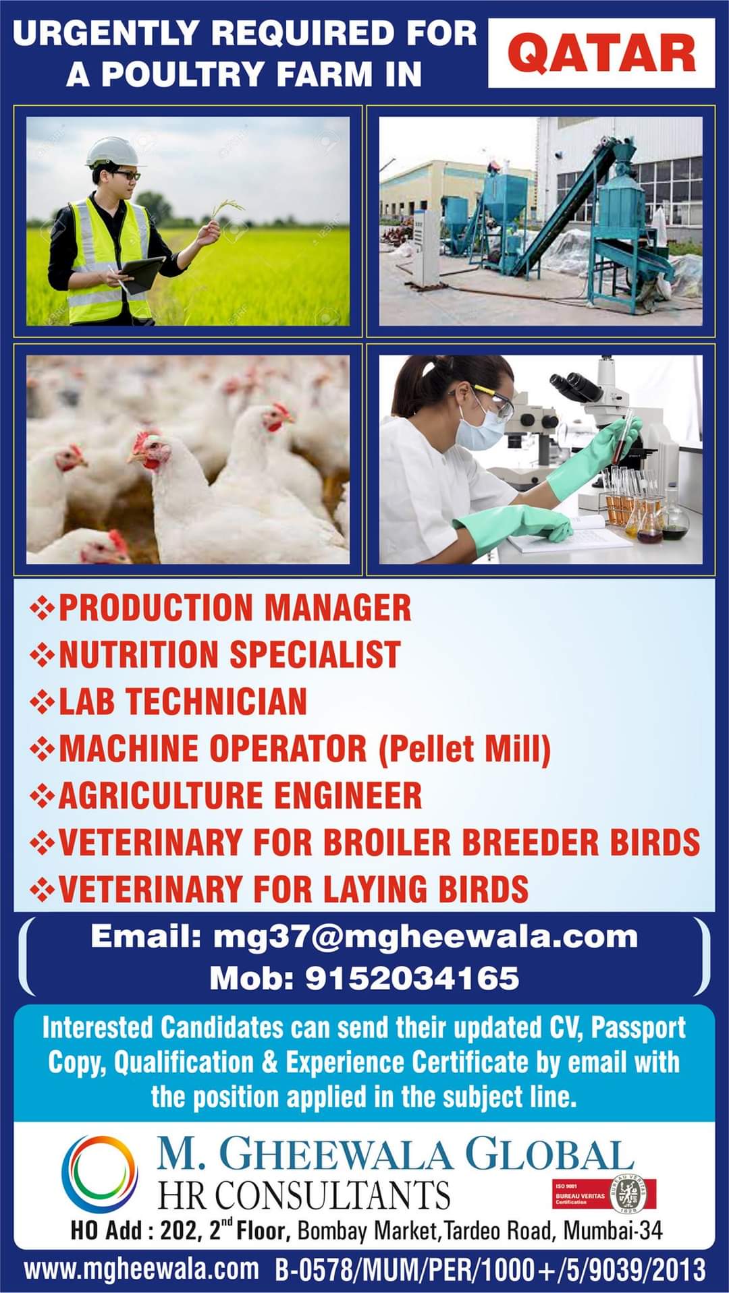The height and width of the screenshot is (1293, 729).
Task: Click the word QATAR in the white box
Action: pos(601,54)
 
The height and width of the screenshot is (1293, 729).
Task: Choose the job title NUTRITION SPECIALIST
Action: pos(230,654)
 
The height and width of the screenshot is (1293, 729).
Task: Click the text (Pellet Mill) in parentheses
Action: pos(464,748)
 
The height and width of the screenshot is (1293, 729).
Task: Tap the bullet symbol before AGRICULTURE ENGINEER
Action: pos(43,796)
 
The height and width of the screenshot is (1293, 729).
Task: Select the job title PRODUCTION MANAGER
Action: pos(235,607)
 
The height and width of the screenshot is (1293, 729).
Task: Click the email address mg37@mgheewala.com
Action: pos(426,937)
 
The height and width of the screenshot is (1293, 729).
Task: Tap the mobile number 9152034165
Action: pos(412,978)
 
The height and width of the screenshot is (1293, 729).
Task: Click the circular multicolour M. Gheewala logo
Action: pos(100,1175)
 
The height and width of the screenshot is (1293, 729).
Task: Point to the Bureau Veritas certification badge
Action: pos(603,1193)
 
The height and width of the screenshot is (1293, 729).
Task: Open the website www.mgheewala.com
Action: pos(141,1269)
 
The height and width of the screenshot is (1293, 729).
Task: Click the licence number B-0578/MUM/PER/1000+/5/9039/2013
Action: pos(491,1269)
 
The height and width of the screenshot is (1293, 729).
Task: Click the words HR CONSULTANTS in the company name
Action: pos(304,1195)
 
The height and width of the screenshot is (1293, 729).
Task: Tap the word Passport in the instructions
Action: pos(639,1028)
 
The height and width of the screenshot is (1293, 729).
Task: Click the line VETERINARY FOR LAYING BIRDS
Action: pos(294,888)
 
